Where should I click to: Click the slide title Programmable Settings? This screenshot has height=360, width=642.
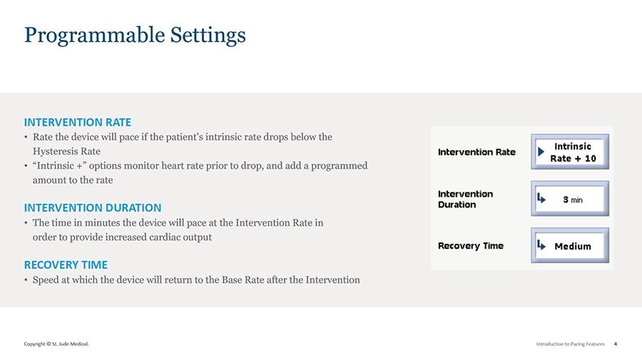135,36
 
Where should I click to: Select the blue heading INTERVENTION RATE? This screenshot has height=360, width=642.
77,123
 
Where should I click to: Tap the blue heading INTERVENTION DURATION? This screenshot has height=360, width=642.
93,208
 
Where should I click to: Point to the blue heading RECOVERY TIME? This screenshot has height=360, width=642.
66,265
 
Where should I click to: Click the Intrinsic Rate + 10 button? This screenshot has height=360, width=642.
570,152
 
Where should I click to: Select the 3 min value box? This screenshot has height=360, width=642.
570,199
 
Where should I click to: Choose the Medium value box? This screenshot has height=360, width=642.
570,245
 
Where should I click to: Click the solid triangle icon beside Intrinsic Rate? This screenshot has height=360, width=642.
541,152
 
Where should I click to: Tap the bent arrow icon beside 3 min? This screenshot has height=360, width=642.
541,198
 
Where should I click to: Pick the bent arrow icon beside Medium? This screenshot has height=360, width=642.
541,245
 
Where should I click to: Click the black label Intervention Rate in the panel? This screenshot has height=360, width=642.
477,152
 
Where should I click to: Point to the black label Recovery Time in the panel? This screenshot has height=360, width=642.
471,246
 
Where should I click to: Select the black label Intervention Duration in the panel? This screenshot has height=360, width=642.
466,199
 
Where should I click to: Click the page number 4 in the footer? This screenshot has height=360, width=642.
616,344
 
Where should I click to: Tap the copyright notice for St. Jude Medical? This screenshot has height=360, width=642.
56,344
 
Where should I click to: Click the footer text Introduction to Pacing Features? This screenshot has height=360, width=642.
571,344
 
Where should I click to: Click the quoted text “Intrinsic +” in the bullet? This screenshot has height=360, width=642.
59,165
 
